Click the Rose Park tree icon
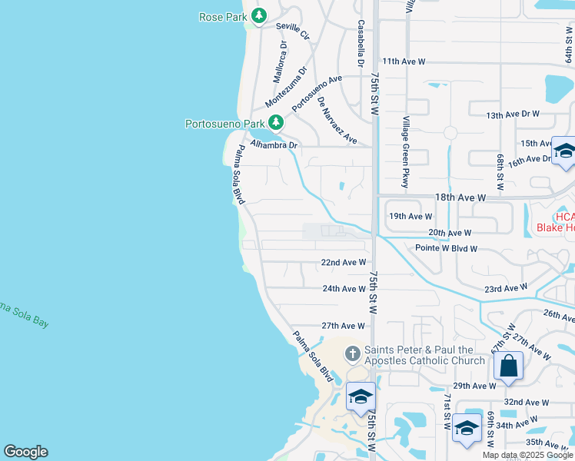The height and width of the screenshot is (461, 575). (260, 16)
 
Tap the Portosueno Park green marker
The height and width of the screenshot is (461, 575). (275, 123)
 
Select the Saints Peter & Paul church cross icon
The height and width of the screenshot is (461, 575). (352, 353)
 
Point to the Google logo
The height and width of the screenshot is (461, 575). (25, 452)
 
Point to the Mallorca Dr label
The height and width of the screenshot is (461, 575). (281, 61)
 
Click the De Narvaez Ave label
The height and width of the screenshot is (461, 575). (337, 121)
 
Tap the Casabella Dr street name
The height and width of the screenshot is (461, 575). (360, 43)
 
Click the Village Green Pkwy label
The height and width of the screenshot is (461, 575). (406, 152)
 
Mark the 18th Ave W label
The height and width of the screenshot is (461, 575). (460, 197)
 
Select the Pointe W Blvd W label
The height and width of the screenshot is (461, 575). (447, 249)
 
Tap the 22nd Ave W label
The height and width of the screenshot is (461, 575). (343, 263)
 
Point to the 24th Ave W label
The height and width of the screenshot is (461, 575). (343, 289)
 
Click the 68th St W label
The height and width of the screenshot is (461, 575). (500, 171)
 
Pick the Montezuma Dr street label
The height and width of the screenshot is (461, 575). (286, 87)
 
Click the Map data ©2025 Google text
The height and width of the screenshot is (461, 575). (527, 455)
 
